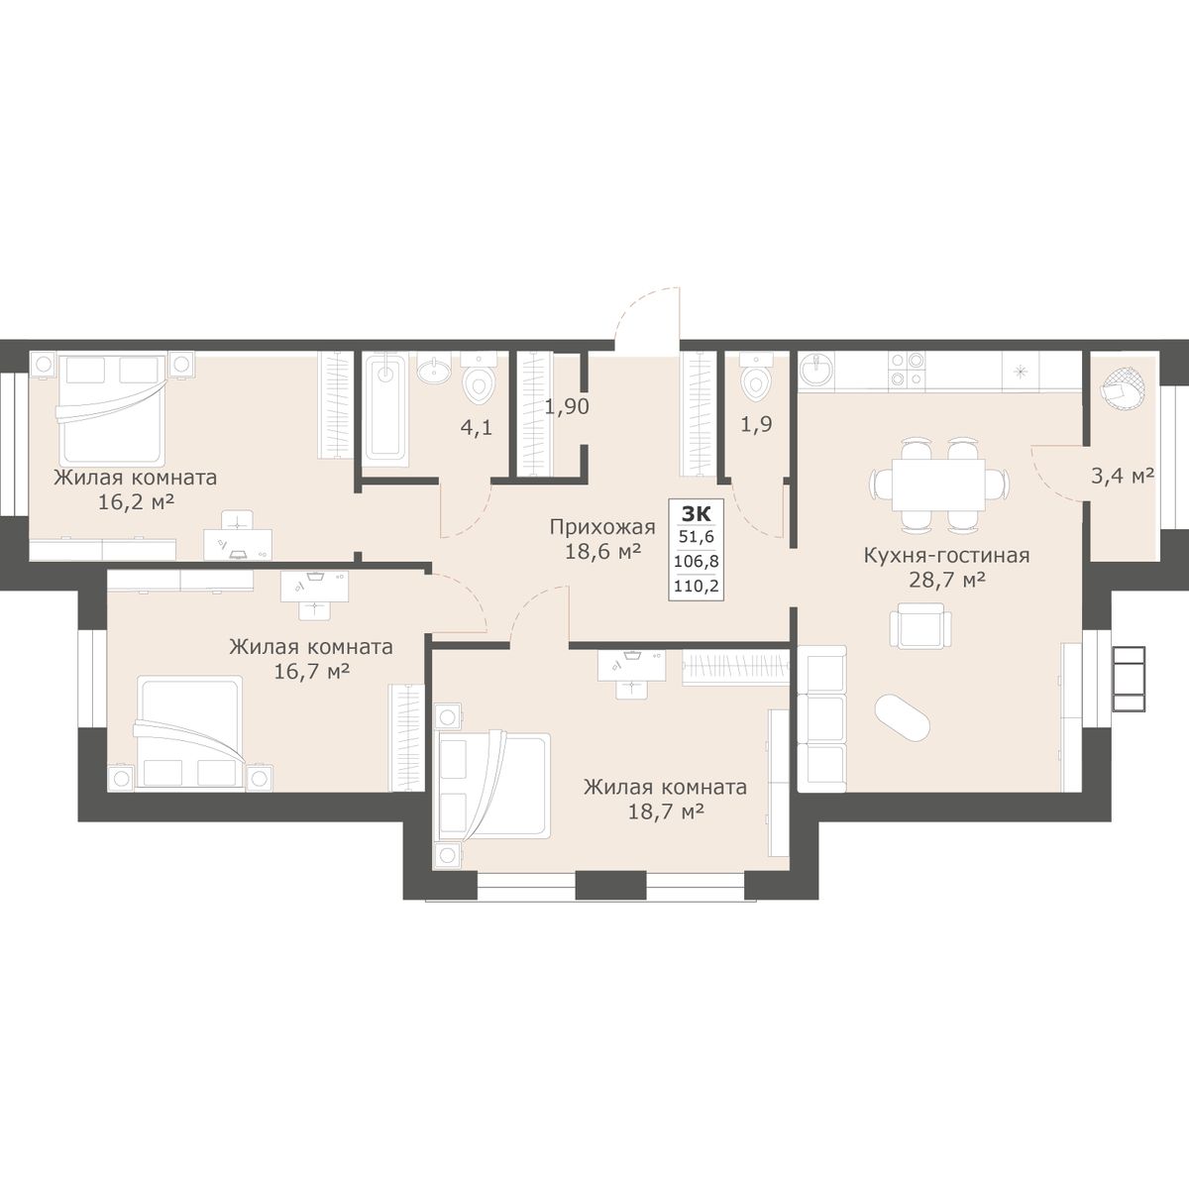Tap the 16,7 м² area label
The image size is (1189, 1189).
pos(312,670)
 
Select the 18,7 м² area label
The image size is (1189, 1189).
pos(667,811)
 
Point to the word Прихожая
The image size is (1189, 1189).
pos(602,527)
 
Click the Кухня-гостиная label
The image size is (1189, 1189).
pos(946,555)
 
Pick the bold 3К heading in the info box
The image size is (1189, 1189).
pos(696,513)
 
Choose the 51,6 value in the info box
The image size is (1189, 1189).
pos(696,536)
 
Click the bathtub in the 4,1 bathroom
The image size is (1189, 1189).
pos(385,405)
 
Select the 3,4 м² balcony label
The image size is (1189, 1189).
pos(1123,477)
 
